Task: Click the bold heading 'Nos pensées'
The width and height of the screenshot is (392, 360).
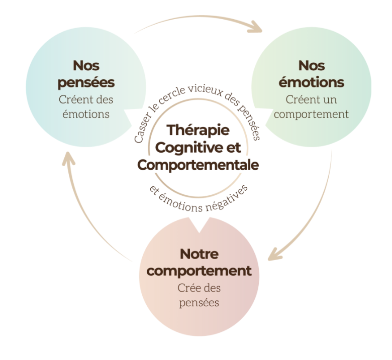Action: (x=86, y=73)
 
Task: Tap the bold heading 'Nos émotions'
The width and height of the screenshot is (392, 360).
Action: (x=312, y=73)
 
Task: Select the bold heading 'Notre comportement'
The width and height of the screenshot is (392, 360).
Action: (x=200, y=262)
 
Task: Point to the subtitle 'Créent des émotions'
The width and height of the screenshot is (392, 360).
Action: (x=86, y=106)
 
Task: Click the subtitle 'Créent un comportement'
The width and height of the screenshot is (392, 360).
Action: (x=312, y=106)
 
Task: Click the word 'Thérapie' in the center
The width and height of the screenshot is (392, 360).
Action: (x=198, y=130)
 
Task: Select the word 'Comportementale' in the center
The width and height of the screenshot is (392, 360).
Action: (x=198, y=164)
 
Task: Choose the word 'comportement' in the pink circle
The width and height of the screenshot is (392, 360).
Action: (x=200, y=271)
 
